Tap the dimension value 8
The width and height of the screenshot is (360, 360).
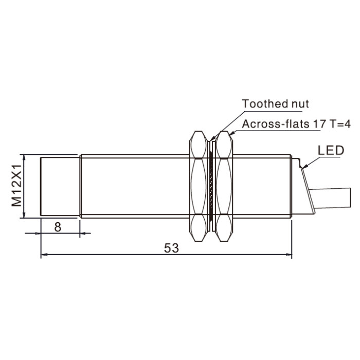click(x=58, y=227)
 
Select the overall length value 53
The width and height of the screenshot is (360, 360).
click(x=171, y=248)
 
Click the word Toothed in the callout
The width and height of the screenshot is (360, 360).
click(x=265, y=103)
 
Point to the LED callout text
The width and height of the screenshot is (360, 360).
click(x=331, y=151)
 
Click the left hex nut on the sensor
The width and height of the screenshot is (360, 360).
click(x=198, y=186)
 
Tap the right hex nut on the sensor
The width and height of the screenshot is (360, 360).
click(x=224, y=186)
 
